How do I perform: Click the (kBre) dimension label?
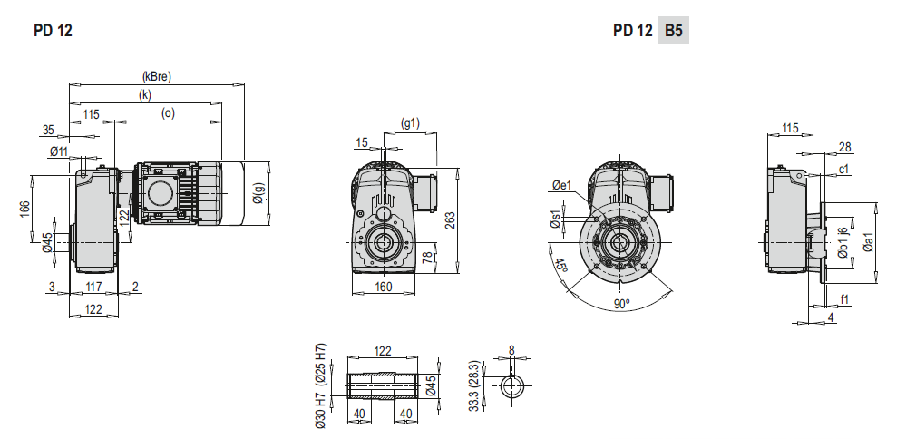(x=157, y=76)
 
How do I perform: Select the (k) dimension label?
(x=145, y=95)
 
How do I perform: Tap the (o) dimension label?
(x=168, y=113)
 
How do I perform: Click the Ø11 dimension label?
(x=59, y=151)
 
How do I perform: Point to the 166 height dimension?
(x=24, y=210)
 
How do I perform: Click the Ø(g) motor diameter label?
(x=258, y=192)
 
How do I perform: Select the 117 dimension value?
(x=93, y=287)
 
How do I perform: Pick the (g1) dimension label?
(x=410, y=122)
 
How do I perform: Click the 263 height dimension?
(x=450, y=220)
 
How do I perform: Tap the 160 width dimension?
(x=383, y=287)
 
